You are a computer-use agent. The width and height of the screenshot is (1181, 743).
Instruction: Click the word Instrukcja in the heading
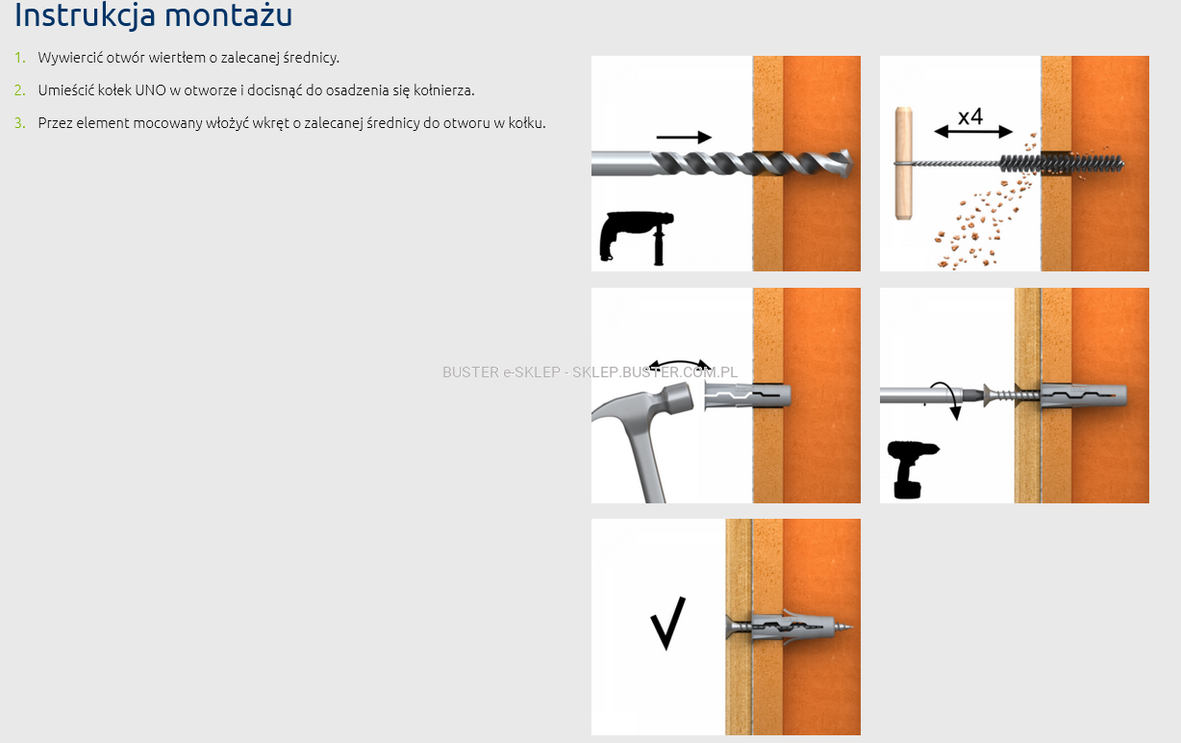(x=85, y=14)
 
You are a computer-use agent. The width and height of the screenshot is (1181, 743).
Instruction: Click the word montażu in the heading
(x=228, y=14)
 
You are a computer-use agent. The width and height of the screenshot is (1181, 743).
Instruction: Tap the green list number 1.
(x=19, y=58)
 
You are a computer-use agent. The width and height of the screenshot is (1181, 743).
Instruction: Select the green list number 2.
(x=19, y=90)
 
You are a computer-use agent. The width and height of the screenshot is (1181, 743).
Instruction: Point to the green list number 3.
(x=19, y=123)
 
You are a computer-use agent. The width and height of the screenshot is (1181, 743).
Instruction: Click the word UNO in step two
(x=150, y=90)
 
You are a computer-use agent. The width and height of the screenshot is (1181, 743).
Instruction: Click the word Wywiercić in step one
(x=70, y=58)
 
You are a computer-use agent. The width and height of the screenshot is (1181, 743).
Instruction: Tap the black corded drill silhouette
(x=637, y=238)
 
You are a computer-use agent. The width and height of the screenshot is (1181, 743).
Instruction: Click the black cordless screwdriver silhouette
(x=911, y=469)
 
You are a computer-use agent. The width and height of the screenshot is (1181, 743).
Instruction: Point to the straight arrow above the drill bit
(x=684, y=138)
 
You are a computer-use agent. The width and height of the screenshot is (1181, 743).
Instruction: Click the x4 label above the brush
(x=970, y=116)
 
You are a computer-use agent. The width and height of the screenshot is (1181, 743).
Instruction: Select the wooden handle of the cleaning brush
(x=904, y=163)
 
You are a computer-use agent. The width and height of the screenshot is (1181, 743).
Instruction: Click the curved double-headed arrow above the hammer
(x=680, y=363)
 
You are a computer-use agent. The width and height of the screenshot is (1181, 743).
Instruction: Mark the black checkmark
(x=667, y=624)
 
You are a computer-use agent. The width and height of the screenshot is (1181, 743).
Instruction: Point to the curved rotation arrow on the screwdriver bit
(x=947, y=398)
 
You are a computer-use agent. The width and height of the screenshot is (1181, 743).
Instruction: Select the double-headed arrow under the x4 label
(x=973, y=132)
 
